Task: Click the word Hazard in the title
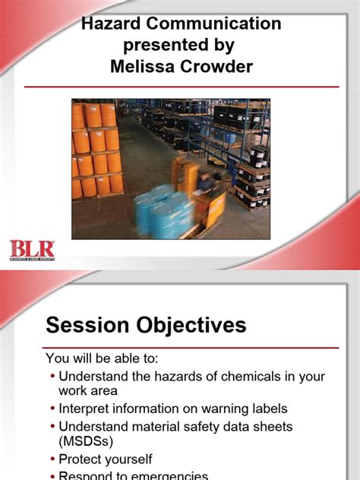pyautogui.click(x=113, y=24)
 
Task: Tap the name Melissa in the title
pyautogui.click(x=141, y=67)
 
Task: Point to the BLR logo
pyautogui.click(x=31, y=249)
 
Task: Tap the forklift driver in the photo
pyautogui.click(x=204, y=183)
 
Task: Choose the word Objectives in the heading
pyautogui.click(x=193, y=326)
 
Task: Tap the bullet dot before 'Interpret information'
pyautogui.click(x=52, y=409)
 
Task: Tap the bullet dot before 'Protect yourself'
pyautogui.click(x=52, y=459)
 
